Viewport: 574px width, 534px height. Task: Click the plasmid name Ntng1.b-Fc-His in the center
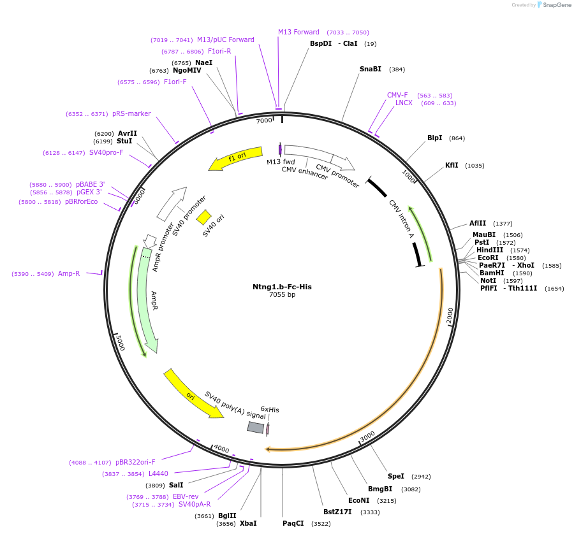(282, 287)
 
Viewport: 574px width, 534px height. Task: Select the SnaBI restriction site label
(371, 69)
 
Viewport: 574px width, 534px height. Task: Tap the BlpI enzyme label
(434, 138)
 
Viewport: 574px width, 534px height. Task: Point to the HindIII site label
(490, 250)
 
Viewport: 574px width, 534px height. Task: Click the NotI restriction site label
(488, 280)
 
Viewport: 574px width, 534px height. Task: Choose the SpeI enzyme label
(396, 476)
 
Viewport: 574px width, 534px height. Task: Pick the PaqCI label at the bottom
(294, 523)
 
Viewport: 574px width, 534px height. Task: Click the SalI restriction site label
(176, 485)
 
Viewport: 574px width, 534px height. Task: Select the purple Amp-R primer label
(69, 273)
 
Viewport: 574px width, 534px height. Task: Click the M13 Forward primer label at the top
(298, 32)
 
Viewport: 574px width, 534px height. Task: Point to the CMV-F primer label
(397, 95)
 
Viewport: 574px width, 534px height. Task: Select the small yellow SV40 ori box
(203, 217)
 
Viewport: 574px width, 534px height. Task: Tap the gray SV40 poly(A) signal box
(256, 428)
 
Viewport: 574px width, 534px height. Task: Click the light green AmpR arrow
(146, 299)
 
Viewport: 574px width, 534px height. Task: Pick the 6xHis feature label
(270, 409)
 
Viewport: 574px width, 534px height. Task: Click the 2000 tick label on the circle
(450, 314)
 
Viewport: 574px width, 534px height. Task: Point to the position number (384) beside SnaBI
(397, 69)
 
